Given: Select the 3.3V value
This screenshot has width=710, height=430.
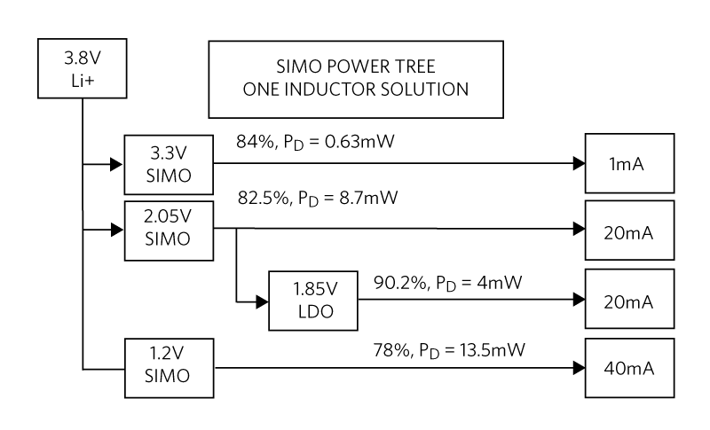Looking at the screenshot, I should [x=169, y=153].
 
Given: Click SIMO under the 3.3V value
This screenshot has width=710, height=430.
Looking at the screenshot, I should [x=169, y=175].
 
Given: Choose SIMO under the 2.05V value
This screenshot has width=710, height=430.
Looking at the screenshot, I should [x=169, y=239].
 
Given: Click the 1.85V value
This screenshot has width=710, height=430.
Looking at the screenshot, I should [x=313, y=289].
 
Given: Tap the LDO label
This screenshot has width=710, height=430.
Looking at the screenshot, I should [x=313, y=311].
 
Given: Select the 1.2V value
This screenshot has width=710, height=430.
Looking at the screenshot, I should [x=169, y=355].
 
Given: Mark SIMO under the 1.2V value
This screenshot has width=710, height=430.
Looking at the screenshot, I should [x=169, y=376].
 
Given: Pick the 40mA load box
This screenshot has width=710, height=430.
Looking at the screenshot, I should [x=629, y=367].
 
